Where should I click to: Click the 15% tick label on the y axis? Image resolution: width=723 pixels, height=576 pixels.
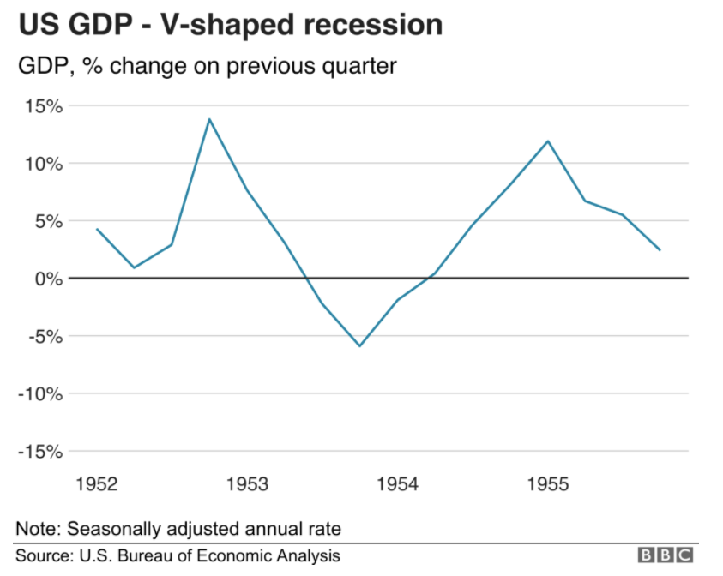(43, 106)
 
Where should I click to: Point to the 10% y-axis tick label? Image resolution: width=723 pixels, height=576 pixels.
(43, 164)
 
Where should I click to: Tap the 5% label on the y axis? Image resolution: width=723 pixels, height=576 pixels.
(46, 221)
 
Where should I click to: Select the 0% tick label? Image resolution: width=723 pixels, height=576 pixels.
(46, 279)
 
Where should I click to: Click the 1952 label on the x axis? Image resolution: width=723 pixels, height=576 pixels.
(96, 485)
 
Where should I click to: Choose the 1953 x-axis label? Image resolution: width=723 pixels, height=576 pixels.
(248, 485)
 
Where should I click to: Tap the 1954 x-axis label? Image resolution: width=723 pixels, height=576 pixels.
(398, 485)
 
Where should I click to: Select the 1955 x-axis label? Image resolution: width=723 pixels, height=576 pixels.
(548, 485)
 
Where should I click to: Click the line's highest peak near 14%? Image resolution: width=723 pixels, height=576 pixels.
(209, 119)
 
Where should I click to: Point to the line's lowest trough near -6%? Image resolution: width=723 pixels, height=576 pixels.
(359, 345)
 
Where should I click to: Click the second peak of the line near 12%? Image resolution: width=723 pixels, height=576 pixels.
(548, 141)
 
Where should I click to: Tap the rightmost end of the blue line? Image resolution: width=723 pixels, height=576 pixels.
(660, 249)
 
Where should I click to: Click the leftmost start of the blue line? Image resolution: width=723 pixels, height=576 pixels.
(97, 229)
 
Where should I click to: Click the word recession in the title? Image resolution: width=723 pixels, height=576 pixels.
(371, 24)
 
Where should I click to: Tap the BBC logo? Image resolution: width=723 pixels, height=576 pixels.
(665, 555)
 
